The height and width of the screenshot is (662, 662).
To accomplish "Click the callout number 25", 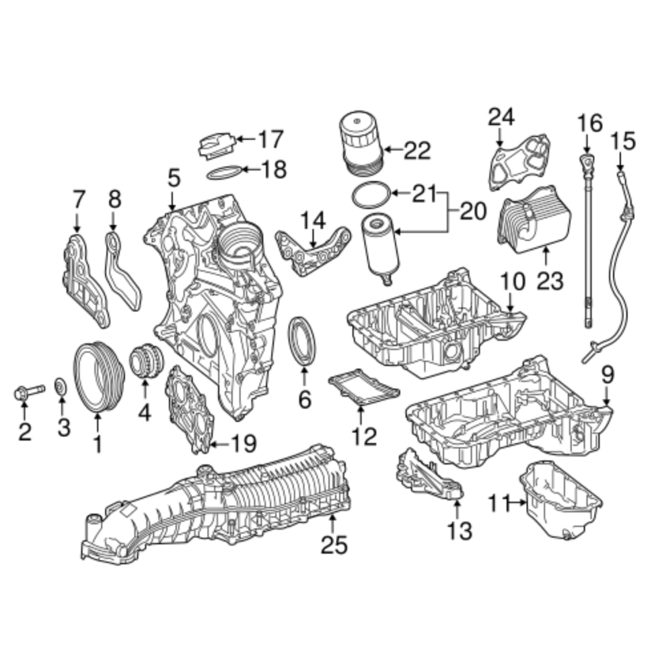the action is pos(334,544).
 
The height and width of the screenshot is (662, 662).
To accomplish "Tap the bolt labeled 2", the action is pos(28,392).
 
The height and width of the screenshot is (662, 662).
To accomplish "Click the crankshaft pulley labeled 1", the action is pos(99,376).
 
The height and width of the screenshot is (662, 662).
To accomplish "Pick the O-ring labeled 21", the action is pos(371,195).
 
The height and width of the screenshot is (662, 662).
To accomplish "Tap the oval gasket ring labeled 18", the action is pos(225,172).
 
